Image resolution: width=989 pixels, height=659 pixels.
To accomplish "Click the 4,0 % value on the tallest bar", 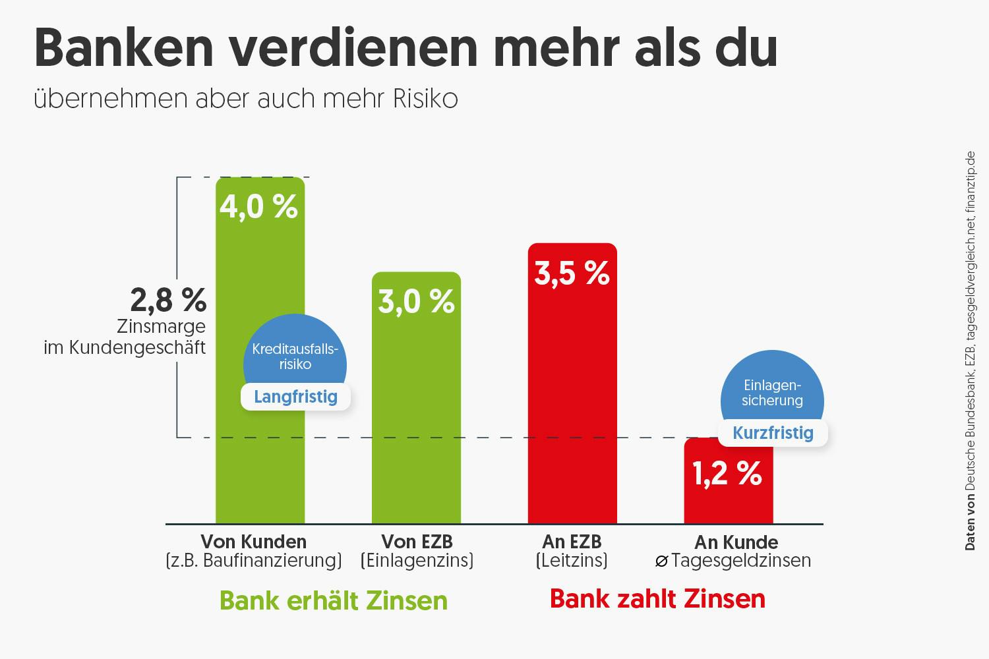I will tap(258, 206).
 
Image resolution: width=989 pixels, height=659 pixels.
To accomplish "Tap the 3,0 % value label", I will tap(416, 301).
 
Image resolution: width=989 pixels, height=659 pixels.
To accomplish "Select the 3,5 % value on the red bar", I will tap(572, 273).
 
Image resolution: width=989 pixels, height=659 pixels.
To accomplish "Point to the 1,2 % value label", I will tap(727, 473).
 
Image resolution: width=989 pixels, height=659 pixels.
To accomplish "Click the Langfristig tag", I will tap(295, 397).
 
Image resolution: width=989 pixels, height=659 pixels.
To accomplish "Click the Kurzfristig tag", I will tap(773, 433).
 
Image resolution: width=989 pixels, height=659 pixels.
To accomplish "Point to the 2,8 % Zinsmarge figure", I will tap(168, 301).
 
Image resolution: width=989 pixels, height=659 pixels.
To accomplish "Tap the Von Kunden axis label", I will tap(254, 542).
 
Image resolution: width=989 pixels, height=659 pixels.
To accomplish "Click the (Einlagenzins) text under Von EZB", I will tap(417, 561).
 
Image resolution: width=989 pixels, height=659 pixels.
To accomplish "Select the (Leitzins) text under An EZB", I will tap(572, 561).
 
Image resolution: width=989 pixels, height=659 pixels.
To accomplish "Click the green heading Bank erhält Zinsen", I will tap(333, 600).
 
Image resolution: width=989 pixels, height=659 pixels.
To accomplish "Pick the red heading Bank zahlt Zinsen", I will tap(657, 598).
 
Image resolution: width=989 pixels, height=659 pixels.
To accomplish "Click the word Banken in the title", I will tap(124, 47).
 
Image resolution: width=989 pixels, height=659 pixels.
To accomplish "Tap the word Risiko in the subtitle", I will tap(425, 99).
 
